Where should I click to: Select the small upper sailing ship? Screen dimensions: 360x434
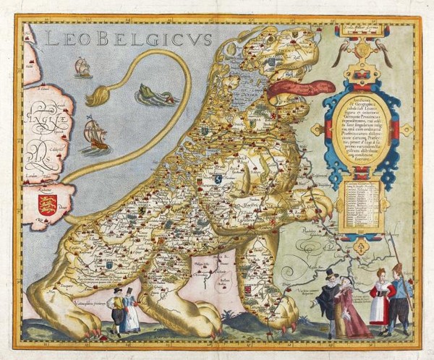coord(82,67)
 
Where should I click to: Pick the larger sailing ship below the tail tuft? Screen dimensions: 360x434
coord(95,135)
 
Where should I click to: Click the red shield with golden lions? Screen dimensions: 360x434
coord(48,203)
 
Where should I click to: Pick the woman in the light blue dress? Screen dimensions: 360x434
coord(130,311)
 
